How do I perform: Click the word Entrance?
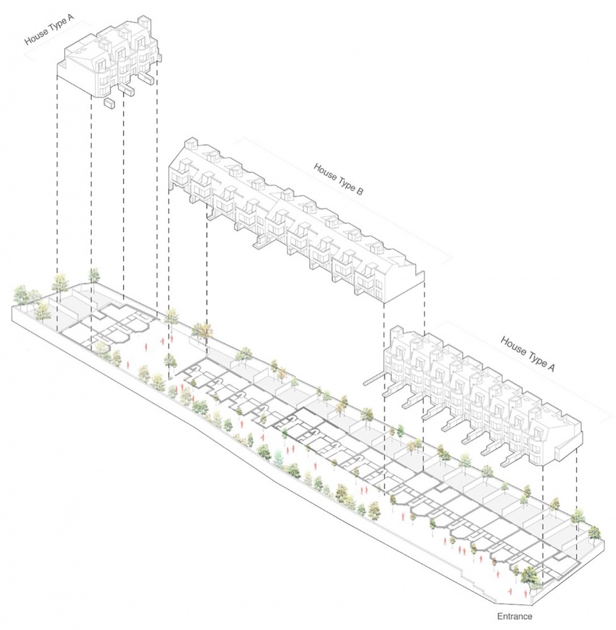[515, 617]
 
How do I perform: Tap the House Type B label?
[338, 179]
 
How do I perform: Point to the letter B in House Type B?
[359, 191]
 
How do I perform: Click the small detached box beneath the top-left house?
[108, 103]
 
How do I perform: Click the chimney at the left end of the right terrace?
[396, 332]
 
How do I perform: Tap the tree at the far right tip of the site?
[594, 533]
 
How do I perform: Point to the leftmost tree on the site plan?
[21, 295]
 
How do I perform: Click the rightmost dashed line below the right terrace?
[577, 504]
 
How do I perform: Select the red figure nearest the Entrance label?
[510, 591]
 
